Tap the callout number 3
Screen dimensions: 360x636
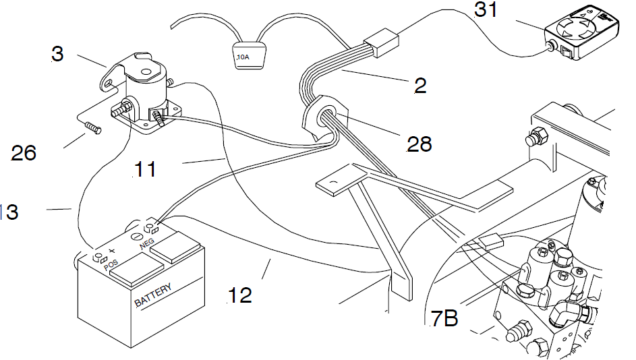tap(57, 54)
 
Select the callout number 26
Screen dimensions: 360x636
tap(24, 154)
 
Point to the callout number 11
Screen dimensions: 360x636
tap(144, 168)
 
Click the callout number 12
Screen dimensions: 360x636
tap(239, 295)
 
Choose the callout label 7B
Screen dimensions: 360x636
tap(444, 318)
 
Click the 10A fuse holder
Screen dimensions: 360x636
tap(248, 55)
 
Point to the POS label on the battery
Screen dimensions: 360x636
tap(113, 265)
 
